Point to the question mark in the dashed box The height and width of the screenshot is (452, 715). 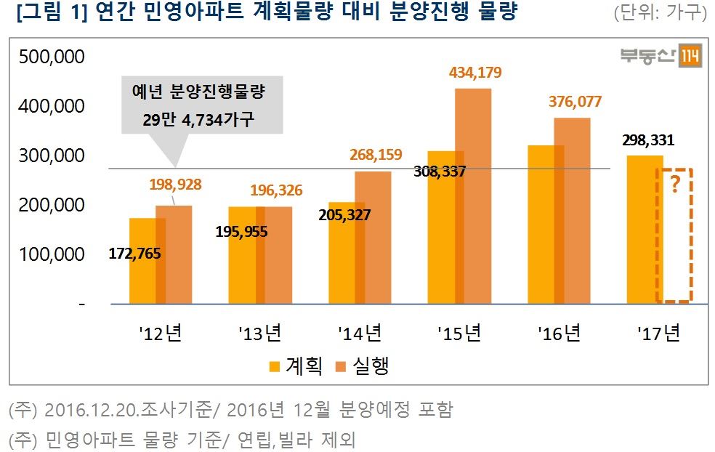tap(675, 185)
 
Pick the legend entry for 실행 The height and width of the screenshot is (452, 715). tap(363, 365)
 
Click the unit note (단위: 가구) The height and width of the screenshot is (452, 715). tap(660, 12)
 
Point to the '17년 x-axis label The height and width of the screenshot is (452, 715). tap(659, 334)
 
